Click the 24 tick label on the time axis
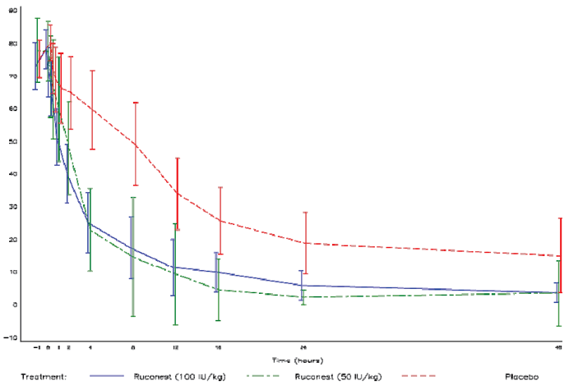tap(303, 348)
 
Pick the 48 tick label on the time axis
tap(560, 348)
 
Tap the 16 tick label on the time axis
tap(218, 348)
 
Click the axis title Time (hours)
tap(297, 360)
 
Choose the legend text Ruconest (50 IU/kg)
tap(338, 376)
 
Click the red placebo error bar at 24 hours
tap(306, 242)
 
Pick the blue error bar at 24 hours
tap(303, 282)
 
